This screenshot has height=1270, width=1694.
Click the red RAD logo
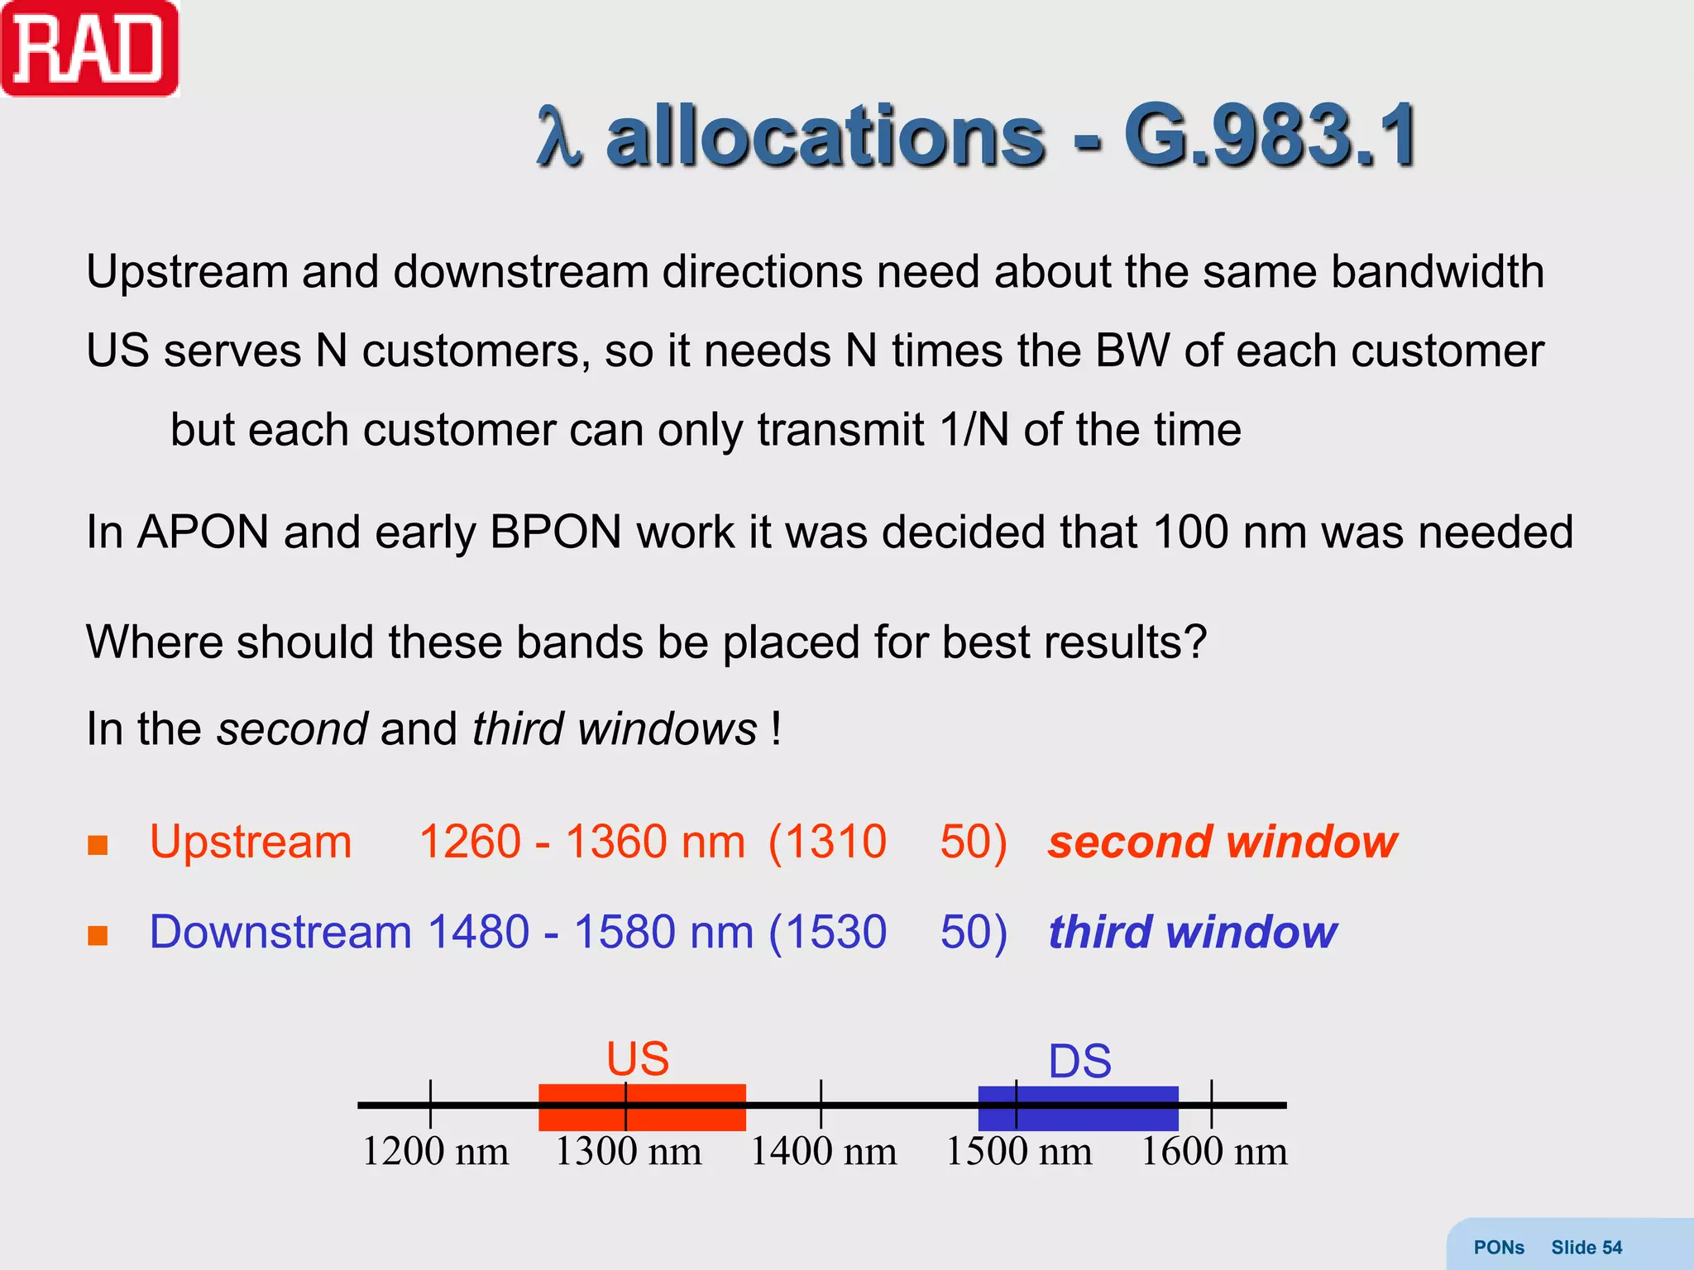pyautogui.click(x=89, y=49)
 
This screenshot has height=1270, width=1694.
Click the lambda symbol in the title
pyautogui.click(x=559, y=136)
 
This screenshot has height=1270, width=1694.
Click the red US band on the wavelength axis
pyautogui.click(x=642, y=1108)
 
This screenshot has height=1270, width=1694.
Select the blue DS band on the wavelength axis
pyautogui.click(x=1078, y=1109)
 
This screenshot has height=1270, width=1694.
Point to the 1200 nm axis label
pyautogui.click(x=435, y=1152)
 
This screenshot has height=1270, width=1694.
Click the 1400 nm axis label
pyautogui.click(x=823, y=1152)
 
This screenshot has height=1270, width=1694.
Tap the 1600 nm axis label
pyautogui.click(x=1213, y=1152)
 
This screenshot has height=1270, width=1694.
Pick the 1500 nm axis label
pyautogui.click(x=1018, y=1152)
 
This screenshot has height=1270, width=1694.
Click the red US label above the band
pyautogui.click(x=638, y=1058)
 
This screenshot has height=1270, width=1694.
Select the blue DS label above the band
pyautogui.click(x=1079, y=1061)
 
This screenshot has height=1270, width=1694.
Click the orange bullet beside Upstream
pyautogui.click(x=98, y=845)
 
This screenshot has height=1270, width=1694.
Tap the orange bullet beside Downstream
pyautogui.click(x=98, y=935)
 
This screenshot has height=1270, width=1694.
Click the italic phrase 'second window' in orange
pyautogui.click(x=1222, y=843)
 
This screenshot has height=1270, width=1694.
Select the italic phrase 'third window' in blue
pyautogui.click(x=1192, y=933)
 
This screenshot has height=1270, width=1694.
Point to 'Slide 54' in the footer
pyautogui.click(x=1586, y=1248)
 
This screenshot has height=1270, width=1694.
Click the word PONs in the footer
pyautogui.click(x=1499, y=1248)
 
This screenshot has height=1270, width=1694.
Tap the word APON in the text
pyautogui.click(x=203, y=532)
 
